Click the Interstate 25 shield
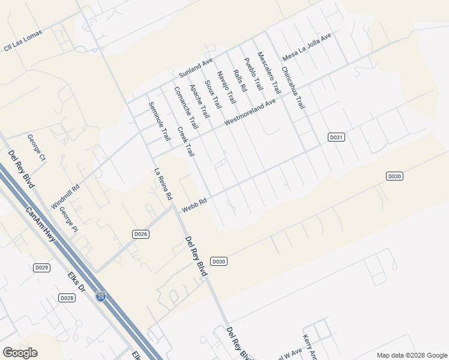(101, 297)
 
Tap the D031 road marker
(336, 137)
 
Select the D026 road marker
(140, 233)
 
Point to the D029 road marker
(41, 268)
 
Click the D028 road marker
(67, 298)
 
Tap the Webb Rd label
(195, 205)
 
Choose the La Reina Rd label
(163, 183)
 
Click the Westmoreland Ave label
(250, 112)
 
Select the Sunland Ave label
(196, 66)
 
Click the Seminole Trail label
(159, 121)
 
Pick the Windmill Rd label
(65, 197)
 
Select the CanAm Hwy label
(41, 225)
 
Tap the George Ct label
(36, 148)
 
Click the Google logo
(20, 353)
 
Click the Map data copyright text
(411, 355)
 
